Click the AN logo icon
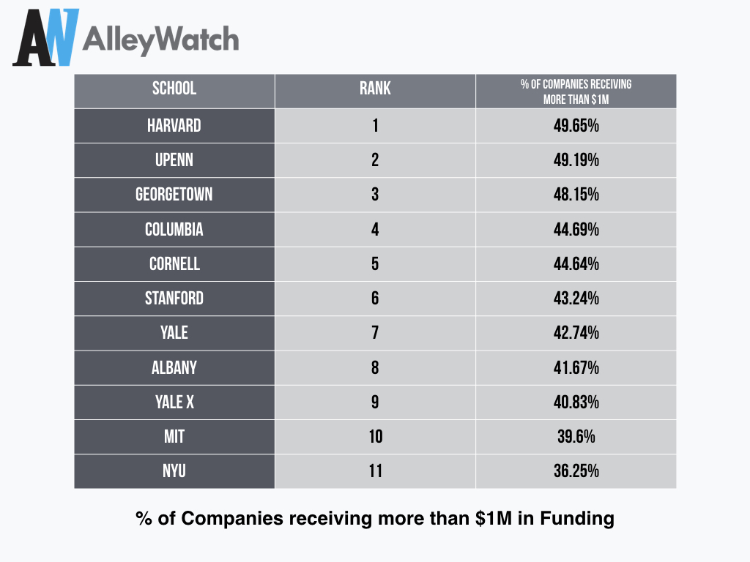[46, 37]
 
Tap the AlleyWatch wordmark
[160, 40]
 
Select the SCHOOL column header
[174, 89]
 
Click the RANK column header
[375, 89]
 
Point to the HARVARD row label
[174, 126]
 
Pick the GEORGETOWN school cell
[174, 195]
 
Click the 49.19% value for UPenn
[576, 160]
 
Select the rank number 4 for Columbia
[375, 229]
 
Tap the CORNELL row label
[174, 263]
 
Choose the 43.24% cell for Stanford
[576, 299]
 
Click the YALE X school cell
[174, 402]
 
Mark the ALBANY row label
[174, 367]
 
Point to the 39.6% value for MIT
[576, 436]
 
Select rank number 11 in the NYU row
[375, 471]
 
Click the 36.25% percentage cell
[576, 471]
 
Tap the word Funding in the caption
[577, 520]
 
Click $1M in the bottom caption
[494, 519]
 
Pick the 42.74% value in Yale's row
[576, 333]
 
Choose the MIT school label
[174, 436]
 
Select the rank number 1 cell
[375, 126]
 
